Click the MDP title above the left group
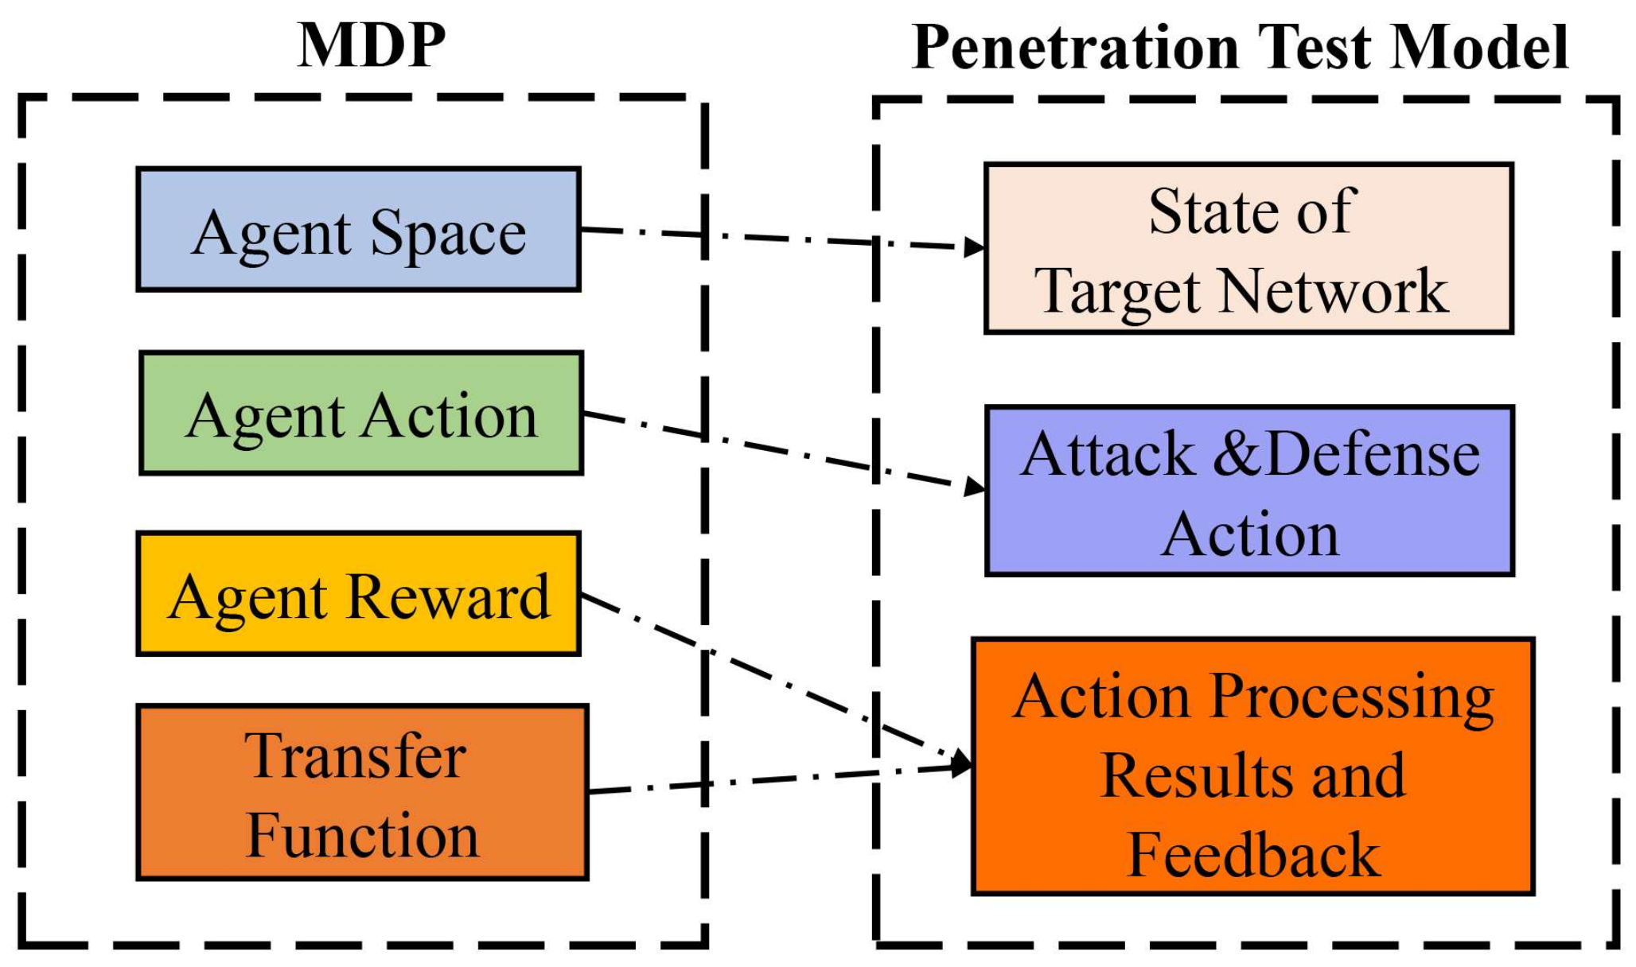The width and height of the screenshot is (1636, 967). click(371, 45)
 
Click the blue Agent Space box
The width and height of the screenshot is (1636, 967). click(358, 230)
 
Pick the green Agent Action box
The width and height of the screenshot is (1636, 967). click(361, 414)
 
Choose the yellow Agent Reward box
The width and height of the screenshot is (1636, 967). click(358, 594)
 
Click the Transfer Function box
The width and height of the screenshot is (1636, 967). click(362, 793)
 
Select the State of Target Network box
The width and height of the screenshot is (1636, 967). click(1248, 249)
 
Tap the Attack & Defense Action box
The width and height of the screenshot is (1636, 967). click(1249, 491)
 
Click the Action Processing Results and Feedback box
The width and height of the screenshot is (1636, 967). click(1252, 767)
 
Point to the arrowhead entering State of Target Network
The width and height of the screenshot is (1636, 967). click(974, 247)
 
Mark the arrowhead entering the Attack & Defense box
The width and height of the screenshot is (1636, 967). click(974, 486)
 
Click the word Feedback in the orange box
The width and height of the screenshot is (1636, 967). click(1254, 855)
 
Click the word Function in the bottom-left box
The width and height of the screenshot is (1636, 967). click(363, 836)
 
